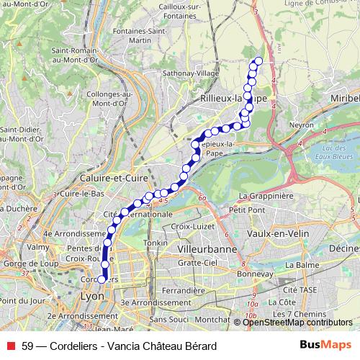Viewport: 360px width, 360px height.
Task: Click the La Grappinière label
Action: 266,195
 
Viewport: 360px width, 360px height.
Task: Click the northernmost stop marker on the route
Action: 258,60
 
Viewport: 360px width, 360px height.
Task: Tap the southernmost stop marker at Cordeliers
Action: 102,280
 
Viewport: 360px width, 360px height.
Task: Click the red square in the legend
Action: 9,346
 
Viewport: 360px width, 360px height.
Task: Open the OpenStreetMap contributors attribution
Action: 297,322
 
